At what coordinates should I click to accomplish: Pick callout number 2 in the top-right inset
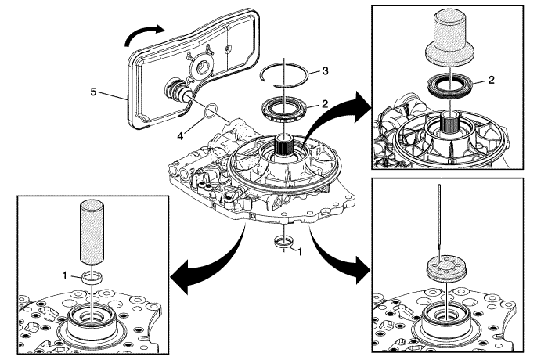513,80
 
